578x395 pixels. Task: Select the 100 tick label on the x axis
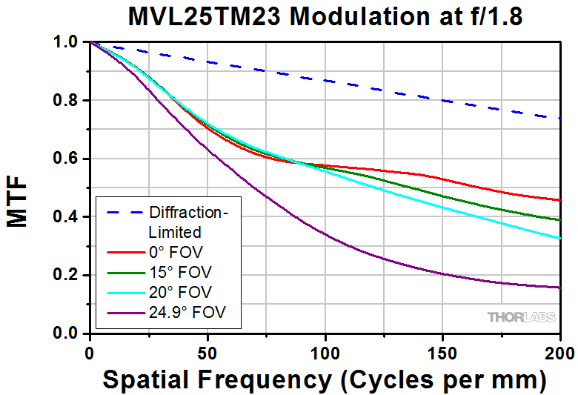tap(325, 350)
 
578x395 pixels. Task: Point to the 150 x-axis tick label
tap(442, 350)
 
